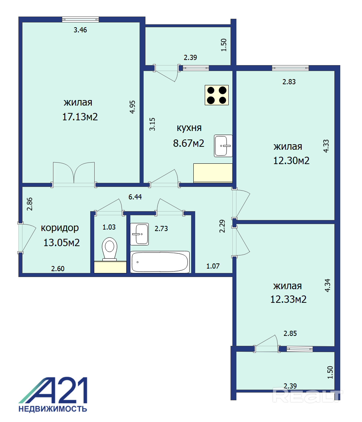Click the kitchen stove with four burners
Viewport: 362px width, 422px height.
click(217, 95)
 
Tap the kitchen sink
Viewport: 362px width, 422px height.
click(223, 146)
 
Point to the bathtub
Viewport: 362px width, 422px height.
click(160, 262)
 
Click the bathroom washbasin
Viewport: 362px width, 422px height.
click(140, 234)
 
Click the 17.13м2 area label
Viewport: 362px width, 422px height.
click(80, 117)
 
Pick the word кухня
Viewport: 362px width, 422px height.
click(189, 128)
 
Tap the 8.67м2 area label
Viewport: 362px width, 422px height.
click(189, 143)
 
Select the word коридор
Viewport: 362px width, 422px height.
click(60, 228)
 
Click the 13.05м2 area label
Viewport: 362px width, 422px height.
click(61, 242)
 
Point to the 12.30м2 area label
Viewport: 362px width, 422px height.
click(291, 161)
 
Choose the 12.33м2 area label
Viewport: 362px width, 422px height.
click(288, 299)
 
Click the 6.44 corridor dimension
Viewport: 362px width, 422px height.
click(135, 197)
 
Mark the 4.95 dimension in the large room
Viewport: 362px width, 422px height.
click(132, 107)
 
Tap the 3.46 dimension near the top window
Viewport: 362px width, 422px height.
click(80, 30)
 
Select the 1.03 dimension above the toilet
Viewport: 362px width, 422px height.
click(109, 227)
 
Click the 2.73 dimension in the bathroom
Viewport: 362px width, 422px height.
click(161, 228)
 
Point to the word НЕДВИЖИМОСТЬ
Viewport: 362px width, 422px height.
click(53, 409)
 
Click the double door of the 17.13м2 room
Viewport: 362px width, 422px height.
click(74, 174)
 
